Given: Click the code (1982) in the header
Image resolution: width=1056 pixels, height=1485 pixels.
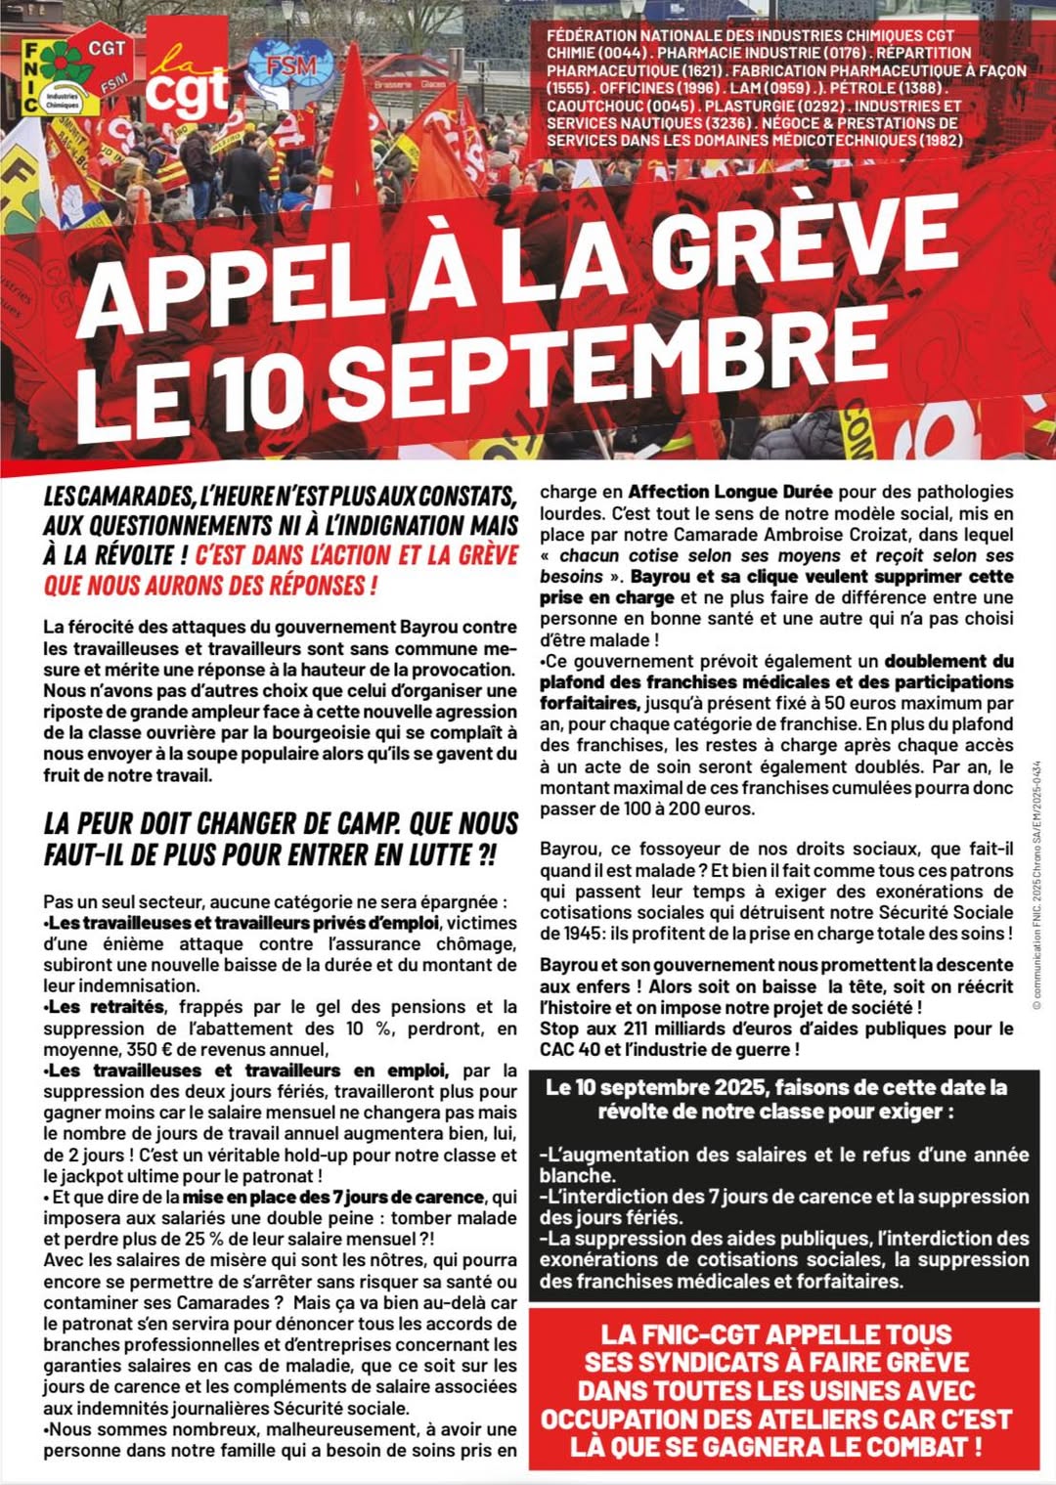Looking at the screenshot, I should pyautogui.click(x=940, y=141).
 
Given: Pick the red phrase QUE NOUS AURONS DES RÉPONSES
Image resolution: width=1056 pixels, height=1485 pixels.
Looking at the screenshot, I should pyautogui.click(x=209, y=586).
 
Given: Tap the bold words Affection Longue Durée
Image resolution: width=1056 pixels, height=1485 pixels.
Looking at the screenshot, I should pyautogui.click(x=729, y=492).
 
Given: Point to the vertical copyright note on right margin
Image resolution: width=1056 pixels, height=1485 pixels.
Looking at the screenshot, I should pyautogui.click(x=1036, y=885).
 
